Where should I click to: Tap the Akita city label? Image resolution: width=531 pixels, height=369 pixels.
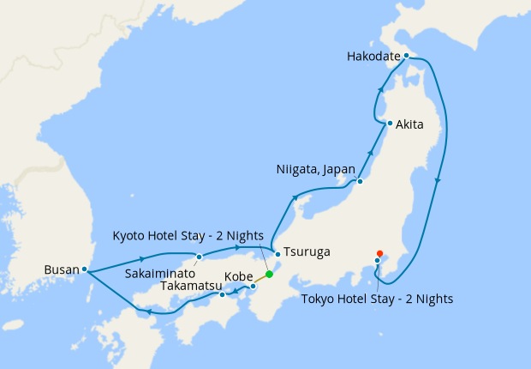pos(409,124)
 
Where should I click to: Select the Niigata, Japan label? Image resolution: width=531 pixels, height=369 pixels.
pos(315,169)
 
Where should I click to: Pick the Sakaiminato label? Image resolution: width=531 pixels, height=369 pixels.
pos(161,272)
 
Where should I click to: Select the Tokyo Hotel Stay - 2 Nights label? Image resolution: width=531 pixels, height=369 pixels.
pos(378,299)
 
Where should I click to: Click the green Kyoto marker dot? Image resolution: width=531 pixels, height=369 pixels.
pos(269,275)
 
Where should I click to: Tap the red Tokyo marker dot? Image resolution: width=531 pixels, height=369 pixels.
pos(379,253)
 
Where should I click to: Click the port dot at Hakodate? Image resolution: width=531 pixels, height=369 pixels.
pos(407,57)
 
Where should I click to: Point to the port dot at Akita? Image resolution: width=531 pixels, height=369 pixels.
pos(390,124)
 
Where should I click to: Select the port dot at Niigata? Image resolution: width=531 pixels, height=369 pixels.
pos(361,181)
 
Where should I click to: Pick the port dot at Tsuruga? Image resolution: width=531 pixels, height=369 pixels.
pos(277,254)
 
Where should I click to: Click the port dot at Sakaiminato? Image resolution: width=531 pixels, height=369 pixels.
pos(199,256)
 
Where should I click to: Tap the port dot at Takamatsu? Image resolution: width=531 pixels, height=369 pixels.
pos(222,295)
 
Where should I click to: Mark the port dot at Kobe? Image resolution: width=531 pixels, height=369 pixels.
pos(254,286)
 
